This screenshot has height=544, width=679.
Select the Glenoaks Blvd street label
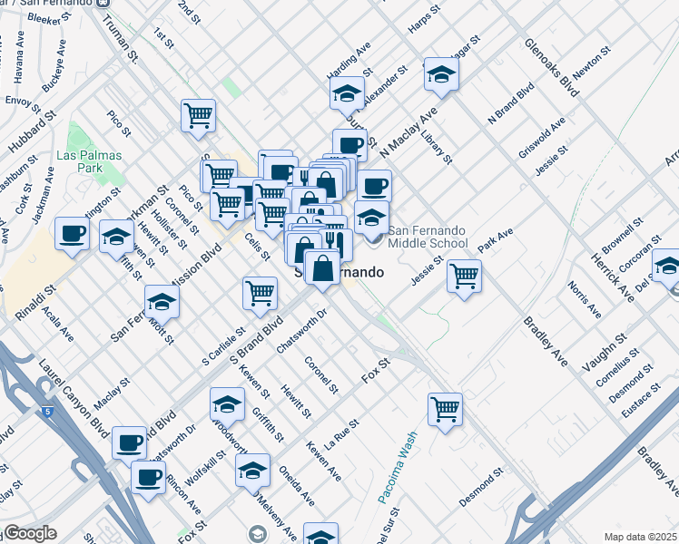click(552, 68)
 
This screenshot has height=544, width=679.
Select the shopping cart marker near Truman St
click(198, 115)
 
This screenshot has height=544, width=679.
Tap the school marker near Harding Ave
click(347, 92)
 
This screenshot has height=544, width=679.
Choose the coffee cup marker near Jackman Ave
click(72, 233)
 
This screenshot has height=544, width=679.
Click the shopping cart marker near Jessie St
click(464, 275)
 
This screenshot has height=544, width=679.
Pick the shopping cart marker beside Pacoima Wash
click(445, 409)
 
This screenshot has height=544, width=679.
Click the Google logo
click(29, 533)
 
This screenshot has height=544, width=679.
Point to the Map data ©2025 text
click(641, 537)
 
